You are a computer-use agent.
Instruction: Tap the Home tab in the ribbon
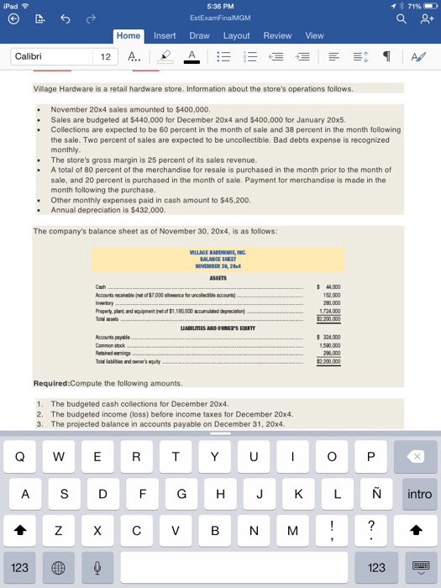pyautogui.click(x=129, y=35)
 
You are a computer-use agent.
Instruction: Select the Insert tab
pyautogui.click(x=164, y=35)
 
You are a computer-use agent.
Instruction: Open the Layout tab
pyautogui.click(x=236, y=35)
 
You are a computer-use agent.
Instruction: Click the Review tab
pyautogui.click(x=277, y=35)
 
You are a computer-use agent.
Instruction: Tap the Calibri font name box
pyautogui.click(x=50, y=56)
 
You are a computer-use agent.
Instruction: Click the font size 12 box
pyautogui.click(x=105, y=56)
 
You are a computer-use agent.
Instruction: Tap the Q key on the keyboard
pyautogui.click(x=20, y=456)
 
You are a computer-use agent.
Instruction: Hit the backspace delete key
pyautogui.click(x=418, y=456)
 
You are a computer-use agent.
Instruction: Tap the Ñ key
pyautogui.click(x=375, y=495)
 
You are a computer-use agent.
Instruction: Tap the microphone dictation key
pyautogui.click(x=97, y=568)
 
